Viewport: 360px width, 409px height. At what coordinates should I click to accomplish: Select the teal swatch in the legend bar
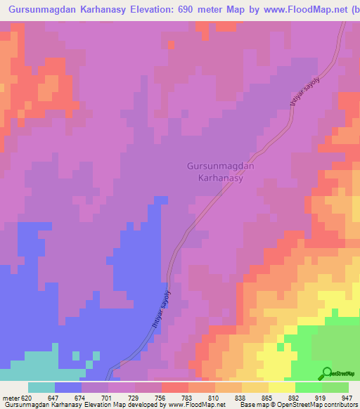coord(41,387)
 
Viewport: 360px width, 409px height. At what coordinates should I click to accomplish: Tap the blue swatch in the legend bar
coord(68,387)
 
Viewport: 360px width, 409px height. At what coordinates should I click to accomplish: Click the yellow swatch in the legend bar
coord(282,387)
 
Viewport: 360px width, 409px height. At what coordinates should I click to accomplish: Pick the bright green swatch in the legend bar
coord(309,387)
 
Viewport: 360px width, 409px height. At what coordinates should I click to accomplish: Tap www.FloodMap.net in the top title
coord(293,10)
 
